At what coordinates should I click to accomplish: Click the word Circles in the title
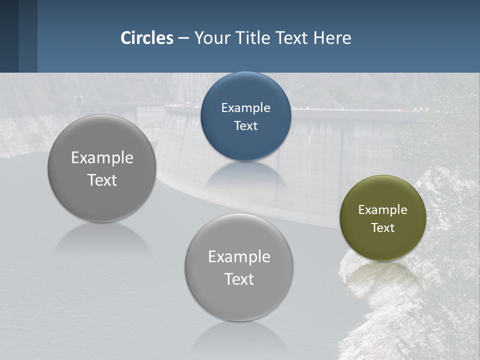click(147, 38)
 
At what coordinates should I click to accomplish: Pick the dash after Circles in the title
click(183, 38)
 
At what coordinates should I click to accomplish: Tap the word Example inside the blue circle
click(246, 108)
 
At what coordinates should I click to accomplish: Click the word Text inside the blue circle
click(246, 126)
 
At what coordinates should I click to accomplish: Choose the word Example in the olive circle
click(382, 210)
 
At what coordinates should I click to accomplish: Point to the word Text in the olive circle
click(382, 228)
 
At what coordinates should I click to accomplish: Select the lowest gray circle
click(239, 300)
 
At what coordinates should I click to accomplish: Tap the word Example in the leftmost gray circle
click(102, 158)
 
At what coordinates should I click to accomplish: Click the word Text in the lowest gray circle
click(239, 279)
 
